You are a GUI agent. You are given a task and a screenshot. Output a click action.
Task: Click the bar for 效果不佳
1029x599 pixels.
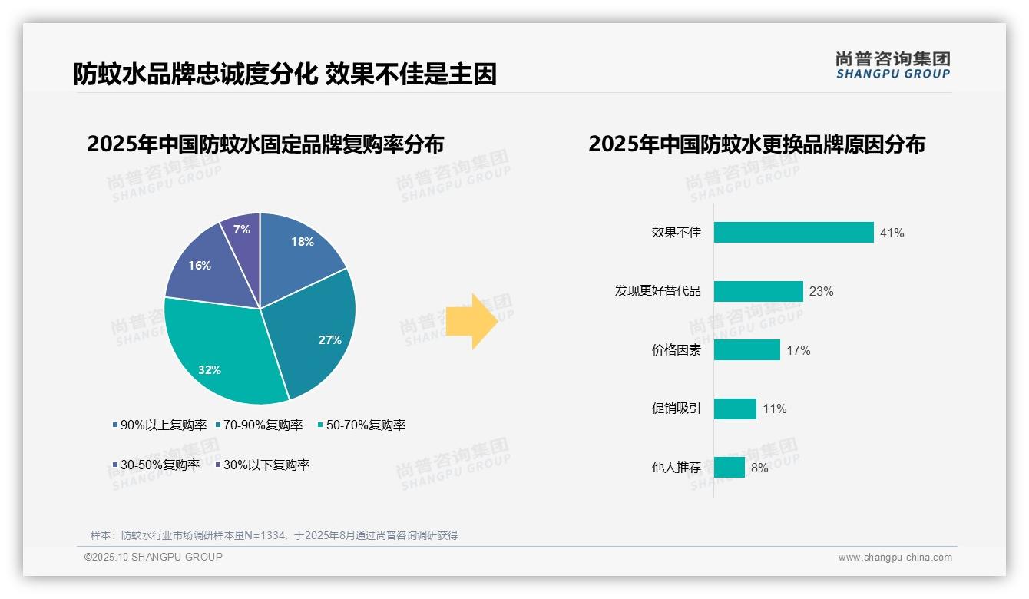793,233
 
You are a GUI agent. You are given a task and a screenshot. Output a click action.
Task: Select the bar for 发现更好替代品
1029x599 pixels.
758,291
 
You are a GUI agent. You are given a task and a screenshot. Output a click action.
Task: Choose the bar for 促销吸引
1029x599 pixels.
735,409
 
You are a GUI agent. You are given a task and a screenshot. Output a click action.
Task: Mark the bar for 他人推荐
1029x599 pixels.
729,468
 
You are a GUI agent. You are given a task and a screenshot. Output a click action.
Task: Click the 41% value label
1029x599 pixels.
892,233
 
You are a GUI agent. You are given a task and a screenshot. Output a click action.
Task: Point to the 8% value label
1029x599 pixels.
759,468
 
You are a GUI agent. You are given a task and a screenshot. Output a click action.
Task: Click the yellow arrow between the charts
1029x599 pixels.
472,320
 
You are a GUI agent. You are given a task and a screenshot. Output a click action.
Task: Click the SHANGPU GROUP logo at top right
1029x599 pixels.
892,65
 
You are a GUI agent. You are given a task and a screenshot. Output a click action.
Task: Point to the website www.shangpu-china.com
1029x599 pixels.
895,558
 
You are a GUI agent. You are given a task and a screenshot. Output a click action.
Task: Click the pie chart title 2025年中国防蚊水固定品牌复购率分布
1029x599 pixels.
265,144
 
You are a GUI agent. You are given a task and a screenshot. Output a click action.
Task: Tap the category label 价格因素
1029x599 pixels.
676,350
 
